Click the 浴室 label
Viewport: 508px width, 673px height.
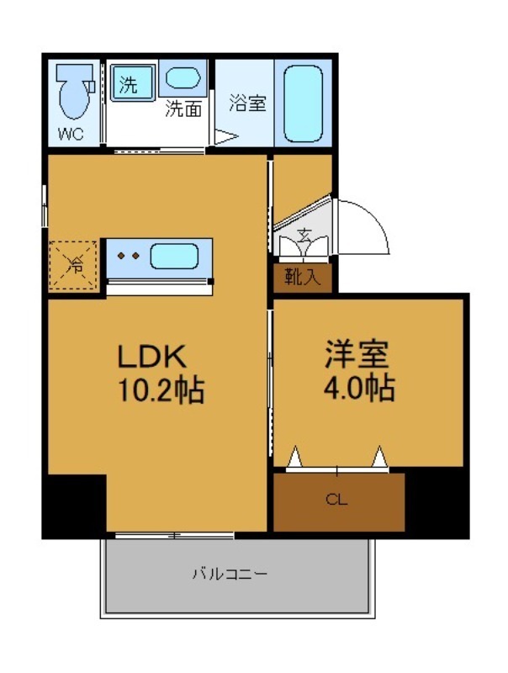coord(247,103)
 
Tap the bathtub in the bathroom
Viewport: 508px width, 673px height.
coord(303,103)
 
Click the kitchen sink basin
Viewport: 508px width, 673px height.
coord(174,256)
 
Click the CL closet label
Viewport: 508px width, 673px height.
coord(336,500)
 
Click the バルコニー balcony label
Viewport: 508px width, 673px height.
coord(230,575)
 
